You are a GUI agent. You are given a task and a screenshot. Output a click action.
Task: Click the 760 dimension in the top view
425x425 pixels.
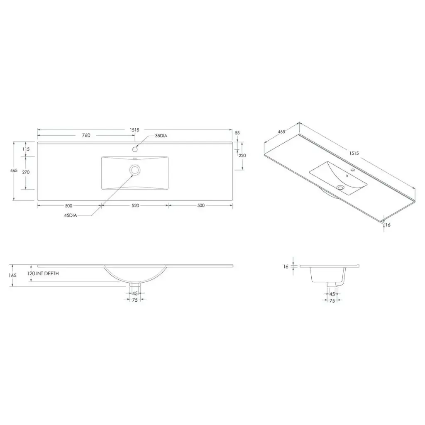(x=86, y=135)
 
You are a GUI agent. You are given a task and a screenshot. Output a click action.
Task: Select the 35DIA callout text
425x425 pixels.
(x=161, y=136)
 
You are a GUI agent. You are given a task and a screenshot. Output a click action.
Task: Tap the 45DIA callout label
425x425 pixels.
(x=71, y=215)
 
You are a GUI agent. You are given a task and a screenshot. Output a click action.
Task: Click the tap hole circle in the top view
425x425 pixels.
(x=135, y=149)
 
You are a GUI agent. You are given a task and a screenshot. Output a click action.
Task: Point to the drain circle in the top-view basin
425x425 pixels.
(x=135, y=170)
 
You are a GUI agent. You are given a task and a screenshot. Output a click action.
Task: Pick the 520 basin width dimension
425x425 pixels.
(x=135, y=205)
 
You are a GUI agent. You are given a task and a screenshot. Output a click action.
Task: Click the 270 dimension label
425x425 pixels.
(x=26, y=172)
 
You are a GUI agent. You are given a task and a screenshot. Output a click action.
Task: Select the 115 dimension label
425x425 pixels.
(x=26, y=149)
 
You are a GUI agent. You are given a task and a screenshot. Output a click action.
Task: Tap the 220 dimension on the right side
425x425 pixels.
(x=242, y=156)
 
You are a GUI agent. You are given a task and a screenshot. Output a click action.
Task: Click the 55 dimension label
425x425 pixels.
(x=237, y=133)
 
